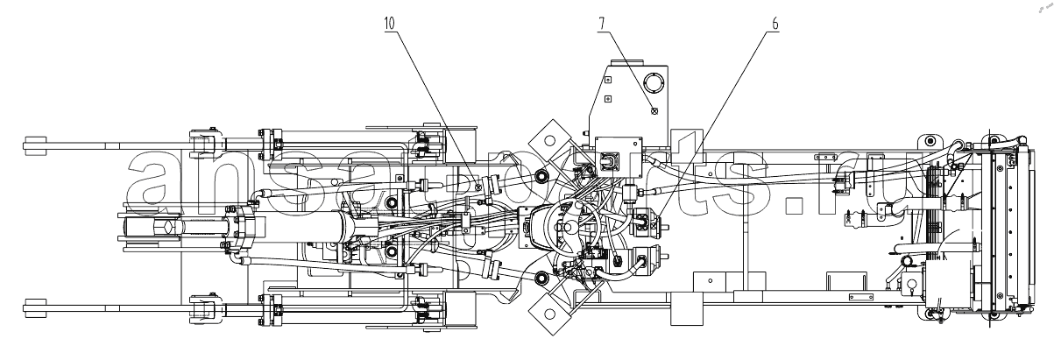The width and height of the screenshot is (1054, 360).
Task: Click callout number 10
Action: tap(390, 23)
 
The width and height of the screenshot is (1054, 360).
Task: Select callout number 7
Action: tap(602, 23)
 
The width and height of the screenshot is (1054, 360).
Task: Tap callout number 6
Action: tap(775, 23)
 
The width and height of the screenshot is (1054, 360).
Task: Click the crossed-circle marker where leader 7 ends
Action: tap(654, 111)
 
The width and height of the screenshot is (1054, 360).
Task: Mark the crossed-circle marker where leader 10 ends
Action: tap(478, 187)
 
